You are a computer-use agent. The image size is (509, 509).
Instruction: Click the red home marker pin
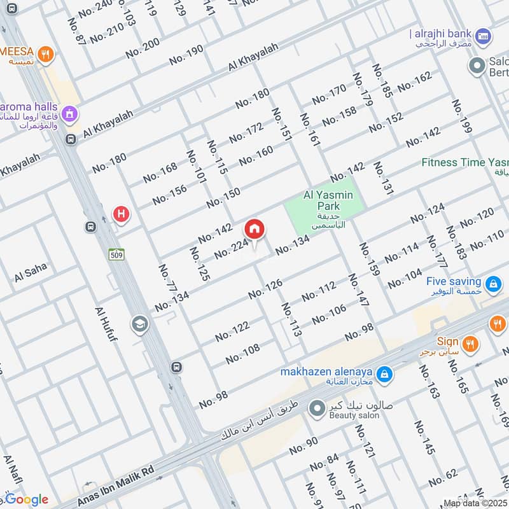(x=254, y=230)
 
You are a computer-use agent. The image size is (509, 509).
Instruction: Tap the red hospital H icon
(x=121, y=214)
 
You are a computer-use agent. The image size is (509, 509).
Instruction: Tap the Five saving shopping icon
(x=492, y=284)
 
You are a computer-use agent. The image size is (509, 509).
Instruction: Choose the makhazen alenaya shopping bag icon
(x=384, y=375)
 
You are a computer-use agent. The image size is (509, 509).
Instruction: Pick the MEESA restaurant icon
(x=45, y=54)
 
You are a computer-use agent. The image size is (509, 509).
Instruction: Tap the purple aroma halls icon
(x=71, y=115)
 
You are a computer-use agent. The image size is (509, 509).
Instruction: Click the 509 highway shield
(x=115, y=253)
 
